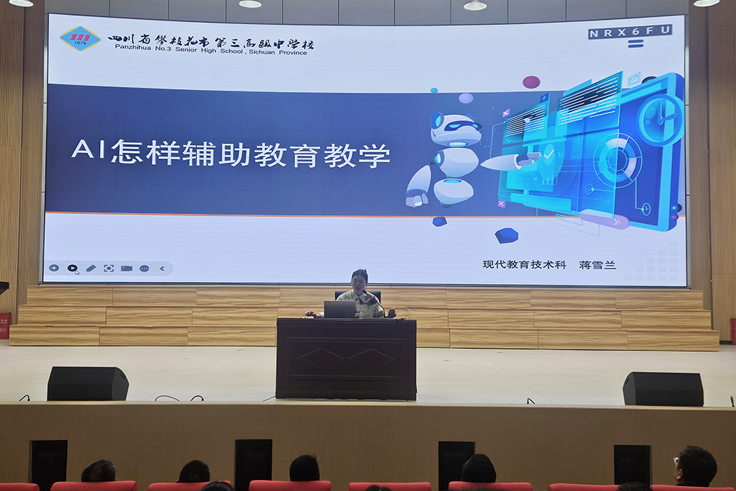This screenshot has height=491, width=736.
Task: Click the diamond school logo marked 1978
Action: (79, 38)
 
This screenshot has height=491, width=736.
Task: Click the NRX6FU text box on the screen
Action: (630, 32)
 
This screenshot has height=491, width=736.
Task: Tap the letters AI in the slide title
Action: (89, 149)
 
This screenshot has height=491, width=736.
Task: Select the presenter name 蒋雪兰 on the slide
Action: (597, 265)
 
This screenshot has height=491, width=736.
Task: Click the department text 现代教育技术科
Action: (524, 264)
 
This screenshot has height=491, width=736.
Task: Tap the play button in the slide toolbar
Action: (72, 268)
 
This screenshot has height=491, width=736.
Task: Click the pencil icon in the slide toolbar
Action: (91, 268)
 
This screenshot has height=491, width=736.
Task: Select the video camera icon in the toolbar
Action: (127, 268)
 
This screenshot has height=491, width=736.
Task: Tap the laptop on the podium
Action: (340, 309)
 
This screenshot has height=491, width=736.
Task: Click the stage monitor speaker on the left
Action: (88, 384)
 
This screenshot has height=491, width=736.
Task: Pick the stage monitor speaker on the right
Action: (663, 389)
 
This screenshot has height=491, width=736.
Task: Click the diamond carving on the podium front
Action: (345, 359)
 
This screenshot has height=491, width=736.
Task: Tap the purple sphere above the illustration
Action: (531, 82)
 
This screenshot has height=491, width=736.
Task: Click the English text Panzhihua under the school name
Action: (132, 47)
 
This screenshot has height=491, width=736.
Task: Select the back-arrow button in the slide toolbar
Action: (162, 269)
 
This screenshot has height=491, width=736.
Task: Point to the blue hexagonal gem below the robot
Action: (506, 235)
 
